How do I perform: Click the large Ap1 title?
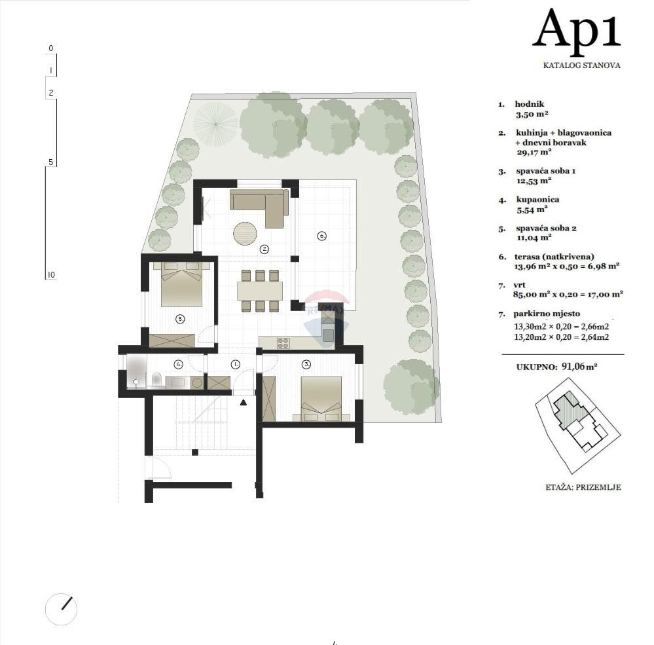576,30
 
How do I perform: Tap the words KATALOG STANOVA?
581,65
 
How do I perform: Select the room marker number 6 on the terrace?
321,236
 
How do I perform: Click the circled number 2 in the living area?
264,249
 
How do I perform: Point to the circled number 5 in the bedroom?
180,319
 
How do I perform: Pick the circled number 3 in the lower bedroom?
305,363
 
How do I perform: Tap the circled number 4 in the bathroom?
177,363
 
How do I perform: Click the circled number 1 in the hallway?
236,363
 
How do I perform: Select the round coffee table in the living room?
245,233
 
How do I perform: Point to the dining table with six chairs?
260,291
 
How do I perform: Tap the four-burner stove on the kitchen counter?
283,342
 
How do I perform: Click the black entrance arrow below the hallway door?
244,403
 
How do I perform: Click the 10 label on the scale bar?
50,274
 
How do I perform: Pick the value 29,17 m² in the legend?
533,152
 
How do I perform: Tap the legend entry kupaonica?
537,199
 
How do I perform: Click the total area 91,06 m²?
579,367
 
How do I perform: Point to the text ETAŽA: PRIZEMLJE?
583,487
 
